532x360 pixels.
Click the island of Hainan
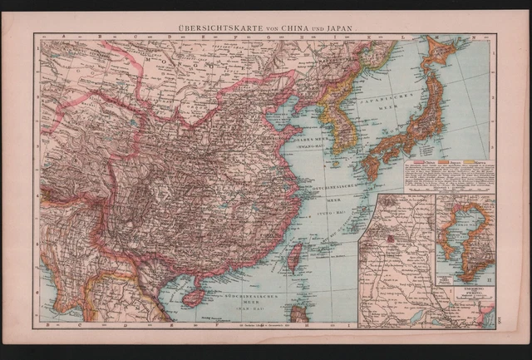coord(192,297)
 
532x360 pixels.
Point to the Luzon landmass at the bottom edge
coord(301,314)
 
